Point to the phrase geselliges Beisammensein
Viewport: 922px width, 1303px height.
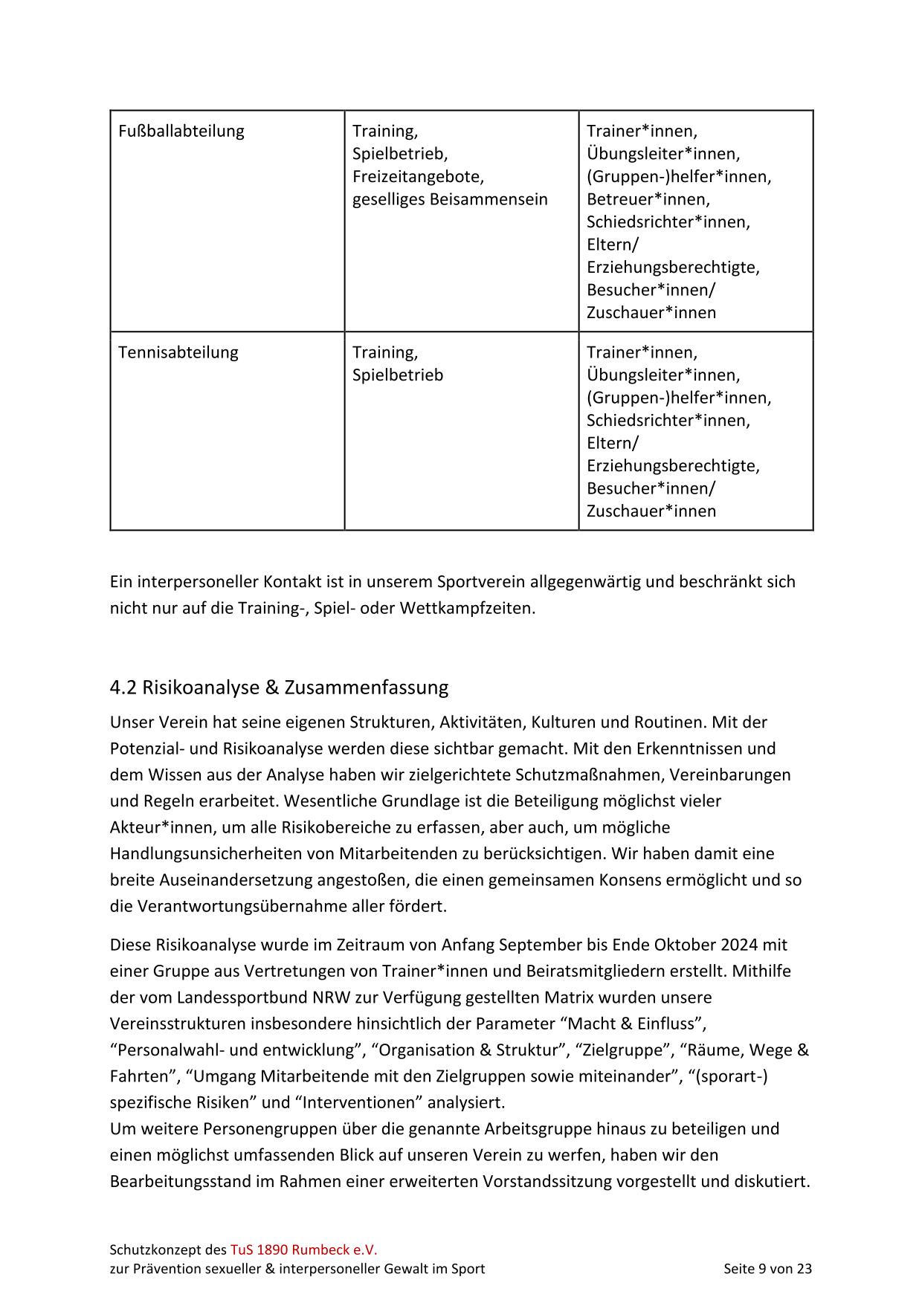tap(450, 199)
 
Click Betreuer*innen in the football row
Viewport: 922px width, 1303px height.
tap(648, 199)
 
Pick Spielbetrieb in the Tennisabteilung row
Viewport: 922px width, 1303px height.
tap(398, 375)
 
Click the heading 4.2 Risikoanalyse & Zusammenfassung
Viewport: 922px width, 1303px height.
tap(279, 688)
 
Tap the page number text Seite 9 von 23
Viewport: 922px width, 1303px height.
tap(767, 1269)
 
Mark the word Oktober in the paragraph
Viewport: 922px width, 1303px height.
tap(681, 945)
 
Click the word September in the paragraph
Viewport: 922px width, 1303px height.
tap(541, 945)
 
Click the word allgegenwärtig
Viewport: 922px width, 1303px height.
tap(585, 581)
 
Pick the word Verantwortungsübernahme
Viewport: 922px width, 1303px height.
tap(239, 906)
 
